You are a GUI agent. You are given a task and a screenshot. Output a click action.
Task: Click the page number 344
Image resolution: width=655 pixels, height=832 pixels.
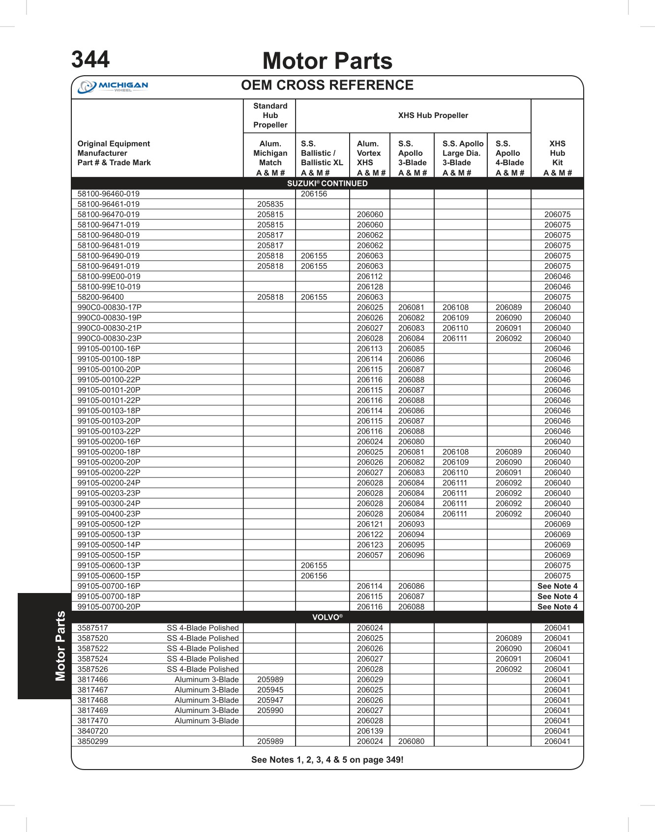point(90,59)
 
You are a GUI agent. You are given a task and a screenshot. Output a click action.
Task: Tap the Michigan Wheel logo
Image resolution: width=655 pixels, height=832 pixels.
point(113,87)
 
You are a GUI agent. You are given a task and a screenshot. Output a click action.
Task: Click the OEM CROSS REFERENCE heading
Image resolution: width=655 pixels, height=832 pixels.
point(327,86)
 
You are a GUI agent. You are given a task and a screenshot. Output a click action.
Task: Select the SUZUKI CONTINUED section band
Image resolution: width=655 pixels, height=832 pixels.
point(327,183)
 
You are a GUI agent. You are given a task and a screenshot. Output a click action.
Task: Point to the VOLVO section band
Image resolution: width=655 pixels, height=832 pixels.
point(327,617)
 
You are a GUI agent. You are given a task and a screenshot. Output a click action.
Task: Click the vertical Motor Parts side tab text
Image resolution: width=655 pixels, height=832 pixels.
point(60,646)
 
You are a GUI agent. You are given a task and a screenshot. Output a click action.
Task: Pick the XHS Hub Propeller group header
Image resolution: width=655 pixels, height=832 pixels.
point(433,116)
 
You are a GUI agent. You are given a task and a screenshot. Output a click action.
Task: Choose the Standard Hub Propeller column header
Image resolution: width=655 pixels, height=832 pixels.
point(270,116)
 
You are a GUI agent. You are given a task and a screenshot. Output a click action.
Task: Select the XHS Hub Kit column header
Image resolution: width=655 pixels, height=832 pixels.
point(557,158)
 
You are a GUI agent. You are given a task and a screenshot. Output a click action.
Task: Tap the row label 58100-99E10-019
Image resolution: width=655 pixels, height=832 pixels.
point(109,287)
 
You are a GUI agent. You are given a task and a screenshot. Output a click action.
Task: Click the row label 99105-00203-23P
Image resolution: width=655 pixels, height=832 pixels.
point(109,493)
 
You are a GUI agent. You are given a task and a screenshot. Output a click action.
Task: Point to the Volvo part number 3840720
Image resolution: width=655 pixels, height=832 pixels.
point(92,731)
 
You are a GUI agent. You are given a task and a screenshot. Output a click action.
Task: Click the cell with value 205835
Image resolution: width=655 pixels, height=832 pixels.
point(270,204)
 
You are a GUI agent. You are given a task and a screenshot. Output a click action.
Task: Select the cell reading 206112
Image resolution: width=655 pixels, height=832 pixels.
point(370,276)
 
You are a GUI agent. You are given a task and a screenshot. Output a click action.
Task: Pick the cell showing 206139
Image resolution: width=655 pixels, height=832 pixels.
point(370,731)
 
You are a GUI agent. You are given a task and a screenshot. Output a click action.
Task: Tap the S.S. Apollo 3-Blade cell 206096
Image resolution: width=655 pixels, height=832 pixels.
point(411,555)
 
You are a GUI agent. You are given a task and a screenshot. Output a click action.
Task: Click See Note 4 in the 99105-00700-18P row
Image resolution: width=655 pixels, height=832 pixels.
point(557,596)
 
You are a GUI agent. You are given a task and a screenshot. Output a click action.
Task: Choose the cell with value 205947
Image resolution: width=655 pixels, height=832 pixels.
point(270,700)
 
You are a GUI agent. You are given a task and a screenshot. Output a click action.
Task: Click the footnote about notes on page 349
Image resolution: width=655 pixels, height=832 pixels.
point(327,760)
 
